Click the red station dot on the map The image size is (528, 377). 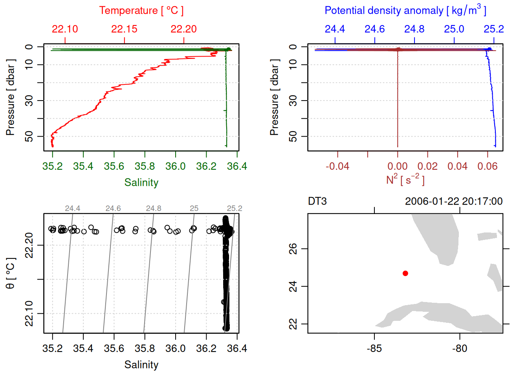(405, 273)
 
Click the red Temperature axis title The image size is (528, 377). (141, 11)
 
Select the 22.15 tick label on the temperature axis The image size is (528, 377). (124, 29)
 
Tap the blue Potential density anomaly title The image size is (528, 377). (405, 11)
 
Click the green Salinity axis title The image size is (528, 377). (141, 183)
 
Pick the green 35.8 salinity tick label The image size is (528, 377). (145, 167)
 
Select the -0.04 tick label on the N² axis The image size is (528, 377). (337, 167)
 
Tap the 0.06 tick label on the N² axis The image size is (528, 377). (487, 167)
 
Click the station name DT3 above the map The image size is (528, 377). (317, 201)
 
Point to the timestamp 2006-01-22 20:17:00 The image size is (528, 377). (453, 201)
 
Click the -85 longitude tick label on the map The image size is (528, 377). (374, 349)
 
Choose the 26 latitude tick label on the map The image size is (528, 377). (293, 249)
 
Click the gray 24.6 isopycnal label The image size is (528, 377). (113, 209)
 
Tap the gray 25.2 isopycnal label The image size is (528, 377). (234, 209)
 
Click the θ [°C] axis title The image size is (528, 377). (11, 273)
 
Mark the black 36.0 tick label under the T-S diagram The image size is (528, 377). (175, 349)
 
